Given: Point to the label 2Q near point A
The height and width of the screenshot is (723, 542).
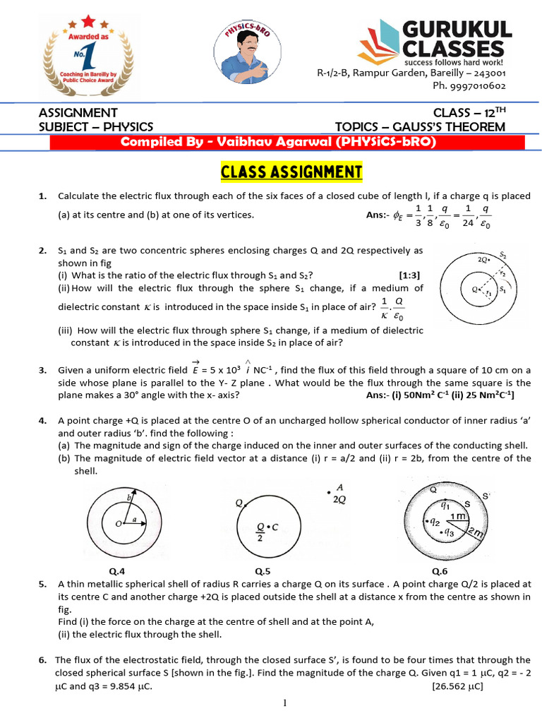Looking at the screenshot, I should tap(339, 499).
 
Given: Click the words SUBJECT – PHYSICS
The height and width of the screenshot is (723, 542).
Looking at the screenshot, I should tap(96, 126).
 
